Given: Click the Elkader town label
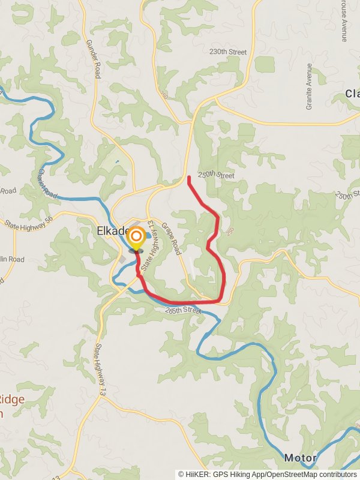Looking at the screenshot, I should (x=112, y=231).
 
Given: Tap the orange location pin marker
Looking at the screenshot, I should (x=136, y=238).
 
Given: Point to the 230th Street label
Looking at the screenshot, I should (x=228, y=52).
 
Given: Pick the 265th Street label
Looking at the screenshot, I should (x=183, y=310).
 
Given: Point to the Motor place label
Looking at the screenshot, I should (x=300, y=457).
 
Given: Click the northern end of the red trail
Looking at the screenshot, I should (x=189, y=177).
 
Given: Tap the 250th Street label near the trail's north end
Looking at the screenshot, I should (x=217, y=175).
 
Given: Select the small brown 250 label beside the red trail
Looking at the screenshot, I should (x=229, y=230).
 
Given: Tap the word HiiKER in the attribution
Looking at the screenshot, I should (x=198, y=474).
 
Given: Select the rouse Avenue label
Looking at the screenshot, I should (x=344, y=21).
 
